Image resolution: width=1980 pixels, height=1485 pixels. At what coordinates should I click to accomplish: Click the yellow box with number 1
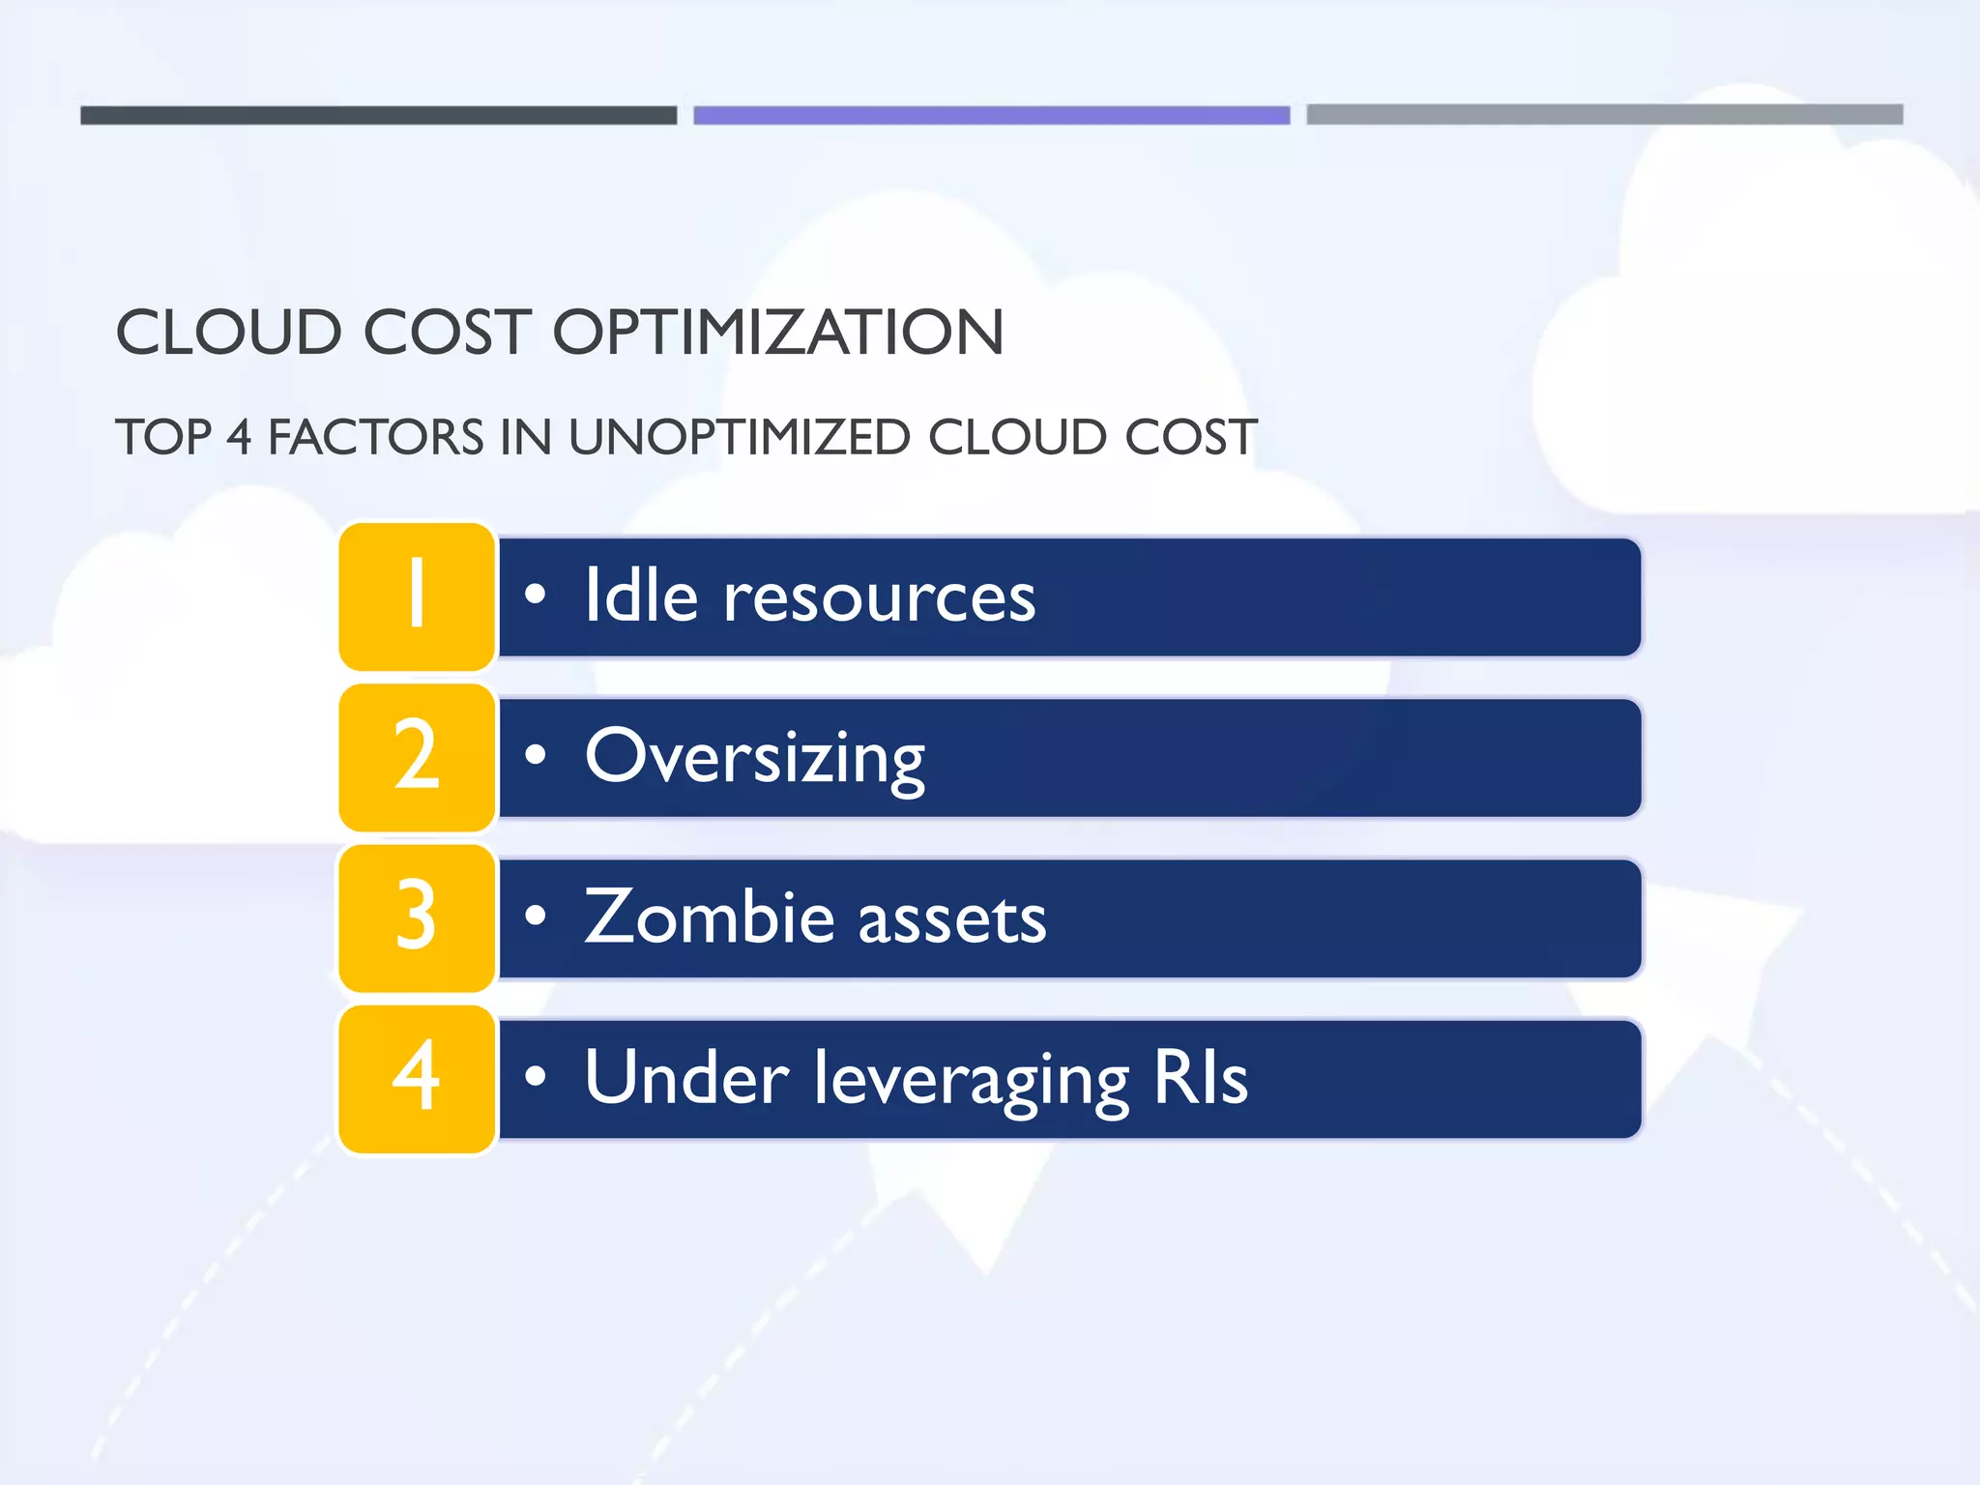click(417, 597)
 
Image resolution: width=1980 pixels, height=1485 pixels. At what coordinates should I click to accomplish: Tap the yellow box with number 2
click(417, 757)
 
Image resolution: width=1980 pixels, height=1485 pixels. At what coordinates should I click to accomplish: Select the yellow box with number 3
click(417, 917)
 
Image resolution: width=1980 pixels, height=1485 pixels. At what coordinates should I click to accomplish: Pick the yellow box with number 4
click(417, 1078)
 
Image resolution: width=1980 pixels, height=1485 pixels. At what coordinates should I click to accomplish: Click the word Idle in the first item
click(641, 596)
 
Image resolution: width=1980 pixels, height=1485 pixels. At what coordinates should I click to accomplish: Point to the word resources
click(880, 597)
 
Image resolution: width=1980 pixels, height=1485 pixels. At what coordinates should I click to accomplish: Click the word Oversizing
click(754, 758)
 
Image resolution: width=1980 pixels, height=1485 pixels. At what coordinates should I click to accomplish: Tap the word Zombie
click(710, 917)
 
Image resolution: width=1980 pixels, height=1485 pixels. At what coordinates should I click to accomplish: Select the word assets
click(951, 918)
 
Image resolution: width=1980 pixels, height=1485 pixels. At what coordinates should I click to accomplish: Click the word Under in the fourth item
click(686, 1077)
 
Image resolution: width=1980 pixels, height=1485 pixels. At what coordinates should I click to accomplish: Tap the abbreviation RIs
click(1201, 1077)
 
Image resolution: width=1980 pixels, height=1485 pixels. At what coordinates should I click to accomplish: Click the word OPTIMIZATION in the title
click(778, 333)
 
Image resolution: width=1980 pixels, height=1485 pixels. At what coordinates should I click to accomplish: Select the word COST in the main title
click(447, 333)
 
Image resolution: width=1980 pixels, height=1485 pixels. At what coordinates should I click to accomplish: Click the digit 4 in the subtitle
click(239, 437)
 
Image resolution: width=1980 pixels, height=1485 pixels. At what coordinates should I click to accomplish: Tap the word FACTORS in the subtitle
click(375, 437)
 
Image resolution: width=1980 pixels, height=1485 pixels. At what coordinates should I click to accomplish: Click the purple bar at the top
click(991, 115)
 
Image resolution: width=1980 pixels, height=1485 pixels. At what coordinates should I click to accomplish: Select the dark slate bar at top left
click(378, 115)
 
